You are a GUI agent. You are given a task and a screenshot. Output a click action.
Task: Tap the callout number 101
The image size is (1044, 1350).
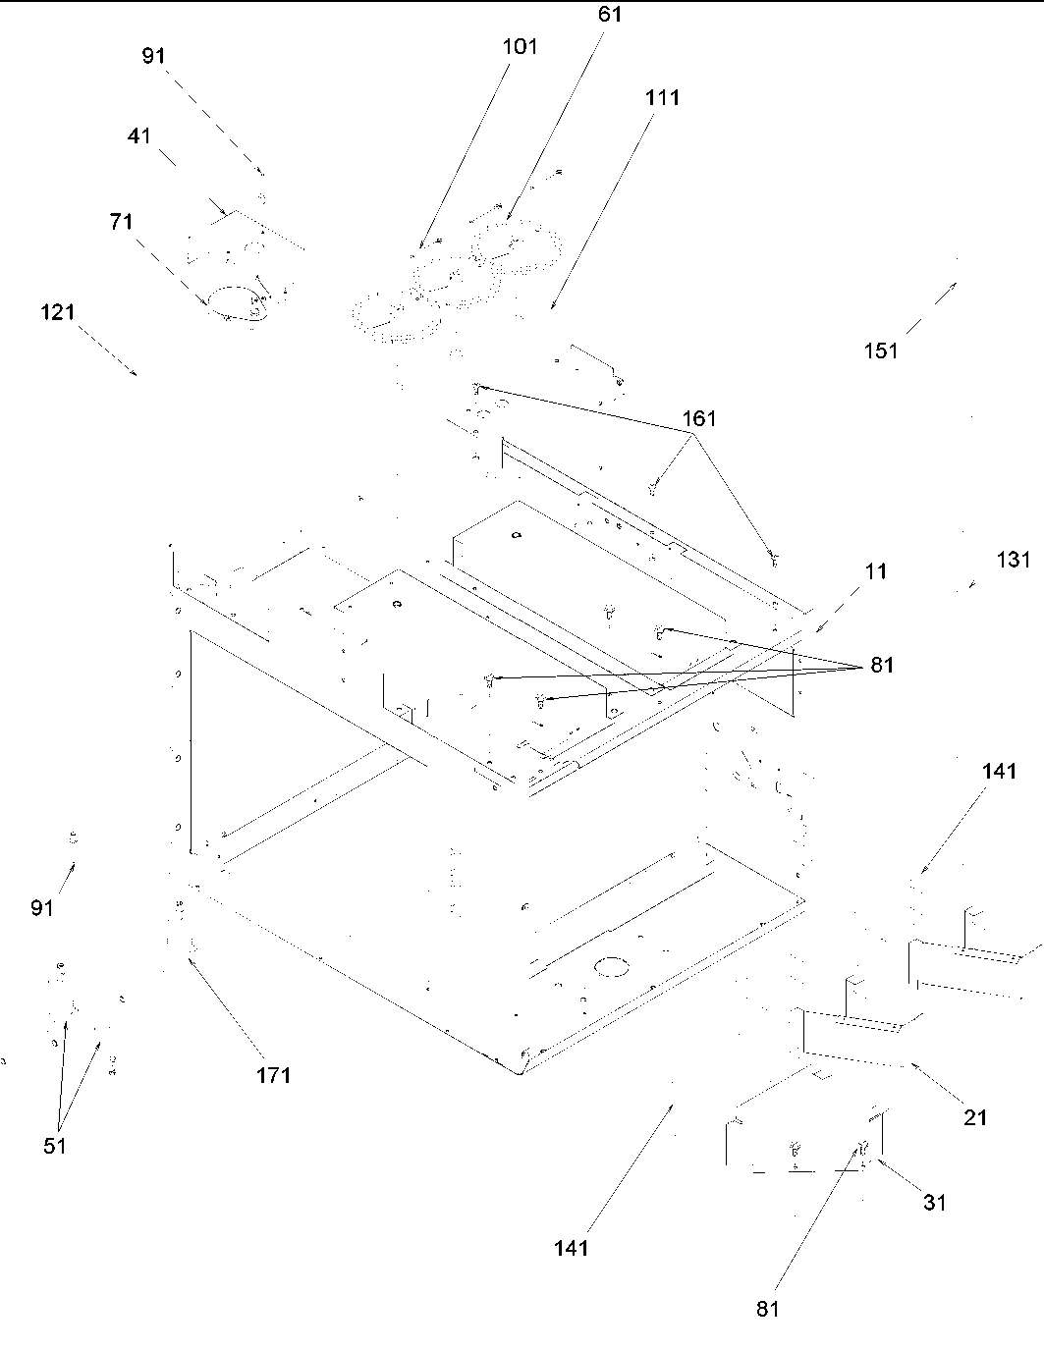click(x=521, y=47)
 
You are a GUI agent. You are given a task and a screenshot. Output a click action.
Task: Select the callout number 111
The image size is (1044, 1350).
click(x=663, y=98)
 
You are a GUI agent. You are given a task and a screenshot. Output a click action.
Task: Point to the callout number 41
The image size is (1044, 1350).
click(x=139, y=136)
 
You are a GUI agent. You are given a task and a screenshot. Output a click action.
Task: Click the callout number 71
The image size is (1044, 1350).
click(x=121, y=223)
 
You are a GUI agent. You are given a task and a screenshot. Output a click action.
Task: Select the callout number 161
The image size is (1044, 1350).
click(x=700, y=419)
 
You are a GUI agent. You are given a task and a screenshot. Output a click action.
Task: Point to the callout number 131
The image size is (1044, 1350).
click(x=1014, y=560)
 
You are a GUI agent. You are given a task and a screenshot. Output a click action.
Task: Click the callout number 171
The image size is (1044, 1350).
click(x=274, y=1075)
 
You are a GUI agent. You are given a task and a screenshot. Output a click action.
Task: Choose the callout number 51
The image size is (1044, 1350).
click(x=55, y=1146)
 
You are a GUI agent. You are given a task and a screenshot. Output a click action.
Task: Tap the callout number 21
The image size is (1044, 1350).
click(x=975, y=1117)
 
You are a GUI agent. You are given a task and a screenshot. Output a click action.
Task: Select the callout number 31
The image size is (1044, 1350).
click(x=935, y=1202)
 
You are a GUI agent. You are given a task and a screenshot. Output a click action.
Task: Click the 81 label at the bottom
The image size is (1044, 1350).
click(x=769, y=1308)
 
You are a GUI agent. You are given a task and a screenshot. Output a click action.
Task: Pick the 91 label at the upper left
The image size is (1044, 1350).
click(x=153, y=56)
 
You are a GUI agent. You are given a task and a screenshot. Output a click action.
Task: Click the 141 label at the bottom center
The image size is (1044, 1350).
click(x=571, y=1248)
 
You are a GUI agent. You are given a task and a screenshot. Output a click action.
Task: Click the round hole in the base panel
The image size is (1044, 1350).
click(x=613, y=966)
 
